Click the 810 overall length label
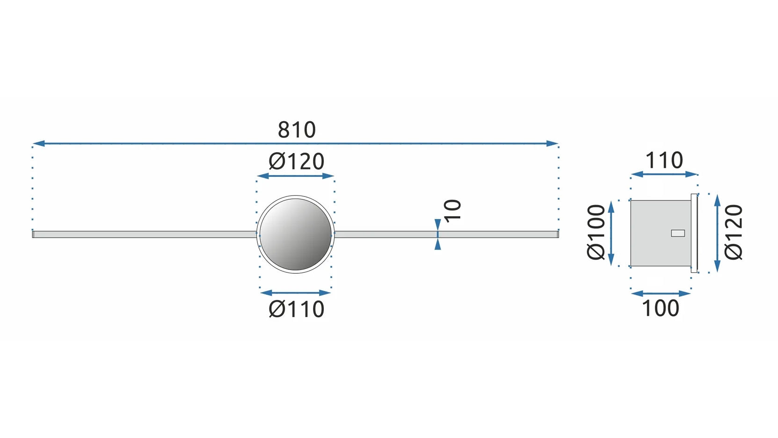(297, 130)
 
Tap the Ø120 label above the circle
(296, 162)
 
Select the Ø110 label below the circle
(296, 309)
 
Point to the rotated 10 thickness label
(452, 211)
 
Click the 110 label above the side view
(664, 161)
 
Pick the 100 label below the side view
(660, 308)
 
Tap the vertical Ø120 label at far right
(734, 232)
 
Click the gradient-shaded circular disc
(296, 234)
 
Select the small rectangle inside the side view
(677, 233)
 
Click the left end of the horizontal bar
(34, 234)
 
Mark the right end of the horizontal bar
(557, 234)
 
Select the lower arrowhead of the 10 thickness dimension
(437, 244)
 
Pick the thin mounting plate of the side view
(694, 233)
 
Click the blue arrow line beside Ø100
(611, 234)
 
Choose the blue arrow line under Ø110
(296, 293)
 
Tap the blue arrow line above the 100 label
(661, 293)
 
